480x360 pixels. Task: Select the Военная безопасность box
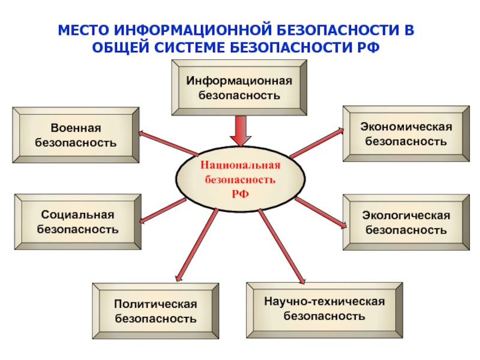[76, 136]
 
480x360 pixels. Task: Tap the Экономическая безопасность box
[406, 134]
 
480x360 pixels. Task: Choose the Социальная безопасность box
[77, 221]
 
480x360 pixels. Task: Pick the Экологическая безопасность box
[406, 221]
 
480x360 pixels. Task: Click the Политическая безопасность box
[155, 310]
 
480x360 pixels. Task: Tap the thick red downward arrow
[241, 131]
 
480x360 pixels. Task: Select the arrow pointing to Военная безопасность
[168, 143]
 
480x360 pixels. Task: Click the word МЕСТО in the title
[82, 31]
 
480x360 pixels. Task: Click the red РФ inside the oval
[240, 192]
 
